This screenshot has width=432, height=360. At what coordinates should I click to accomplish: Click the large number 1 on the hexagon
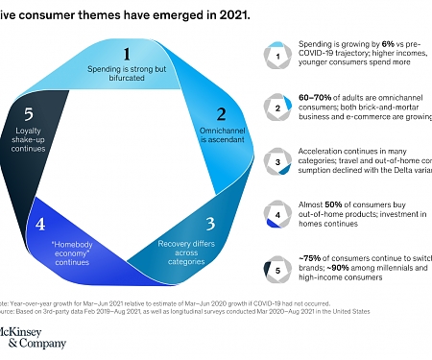click(x=127, y=55)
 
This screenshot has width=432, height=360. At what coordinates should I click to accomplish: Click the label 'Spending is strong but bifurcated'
click(x=127, y=80)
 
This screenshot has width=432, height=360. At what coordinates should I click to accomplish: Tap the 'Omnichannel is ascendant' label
click(x=219, y=143)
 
